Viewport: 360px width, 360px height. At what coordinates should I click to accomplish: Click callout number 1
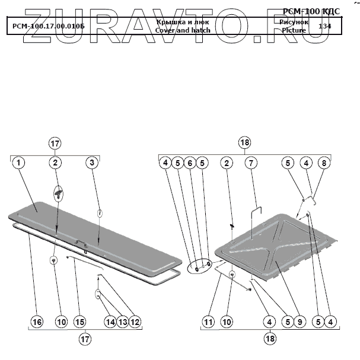point(18,163)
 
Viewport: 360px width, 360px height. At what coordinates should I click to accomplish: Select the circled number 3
point(91,163)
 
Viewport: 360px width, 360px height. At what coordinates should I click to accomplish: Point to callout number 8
point(323,163)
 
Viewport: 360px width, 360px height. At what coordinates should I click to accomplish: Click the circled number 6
point(189,163)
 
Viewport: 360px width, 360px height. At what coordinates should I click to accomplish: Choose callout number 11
point(208,322)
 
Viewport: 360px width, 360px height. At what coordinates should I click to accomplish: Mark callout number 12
point(135,322)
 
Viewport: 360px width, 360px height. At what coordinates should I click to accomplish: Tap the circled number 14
point(110,322)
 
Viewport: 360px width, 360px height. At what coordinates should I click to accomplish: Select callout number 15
point(80,322)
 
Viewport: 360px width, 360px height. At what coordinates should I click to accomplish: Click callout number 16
point(37,322)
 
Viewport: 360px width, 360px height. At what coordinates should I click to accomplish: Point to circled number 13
point(123,322)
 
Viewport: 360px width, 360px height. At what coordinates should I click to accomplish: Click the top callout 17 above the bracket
point(55,144)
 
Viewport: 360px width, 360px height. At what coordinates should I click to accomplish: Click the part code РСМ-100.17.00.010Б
point(48,27)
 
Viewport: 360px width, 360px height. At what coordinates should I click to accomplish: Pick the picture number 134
point(324,26)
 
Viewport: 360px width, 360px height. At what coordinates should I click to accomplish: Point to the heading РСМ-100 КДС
point(311,11)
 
